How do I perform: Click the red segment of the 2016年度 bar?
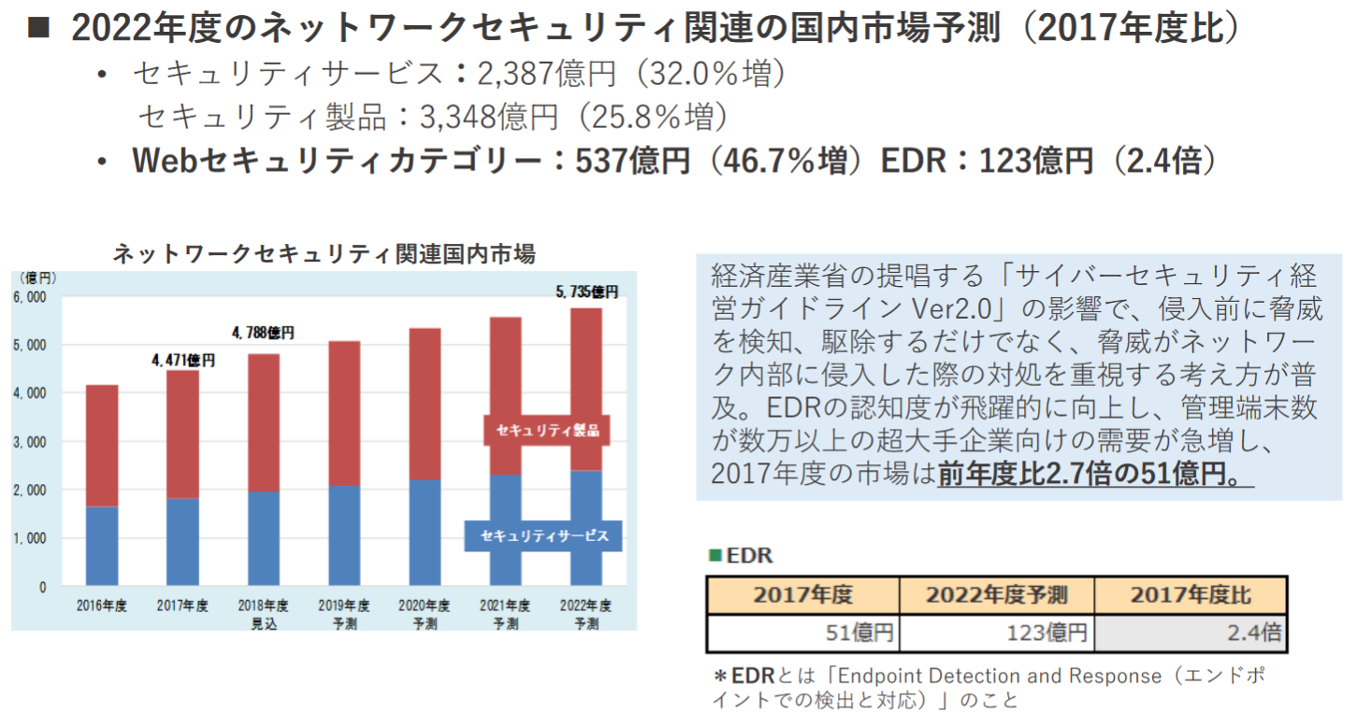click(101, 445)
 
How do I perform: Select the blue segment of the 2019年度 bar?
click(344, 535)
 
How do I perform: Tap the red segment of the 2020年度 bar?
click(425, 404)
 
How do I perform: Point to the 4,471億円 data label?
click(182, 360)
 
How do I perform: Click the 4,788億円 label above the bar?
click(263, 333)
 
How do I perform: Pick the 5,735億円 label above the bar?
click(586, 292)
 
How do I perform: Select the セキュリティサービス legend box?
click(543, 536)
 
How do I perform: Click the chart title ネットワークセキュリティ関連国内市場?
click(324, 254)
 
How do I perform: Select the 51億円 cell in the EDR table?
click(802, 634)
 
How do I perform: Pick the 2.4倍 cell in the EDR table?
click(1191, 634)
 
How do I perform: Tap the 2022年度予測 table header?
click(996, 595)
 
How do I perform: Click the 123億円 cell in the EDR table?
click(996, 634)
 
